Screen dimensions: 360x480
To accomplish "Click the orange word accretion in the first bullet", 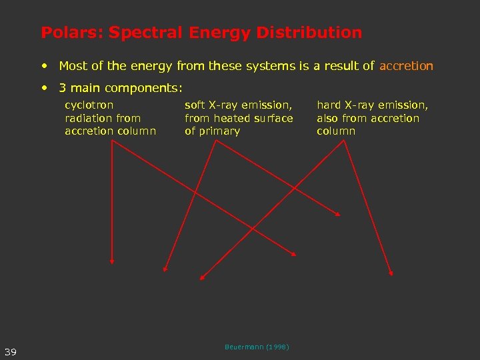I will (406, 66).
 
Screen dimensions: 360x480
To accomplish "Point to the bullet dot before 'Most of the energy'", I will (44, 66).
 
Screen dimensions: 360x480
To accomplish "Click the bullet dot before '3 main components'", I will (44, 87).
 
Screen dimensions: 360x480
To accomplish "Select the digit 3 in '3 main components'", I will (62, 87).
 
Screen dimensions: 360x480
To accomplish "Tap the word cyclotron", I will (89, 105).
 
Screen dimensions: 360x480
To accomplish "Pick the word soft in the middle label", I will (195, 105).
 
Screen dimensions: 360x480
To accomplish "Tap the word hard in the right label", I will (328, 105).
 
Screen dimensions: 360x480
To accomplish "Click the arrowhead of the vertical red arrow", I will (112, 261).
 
